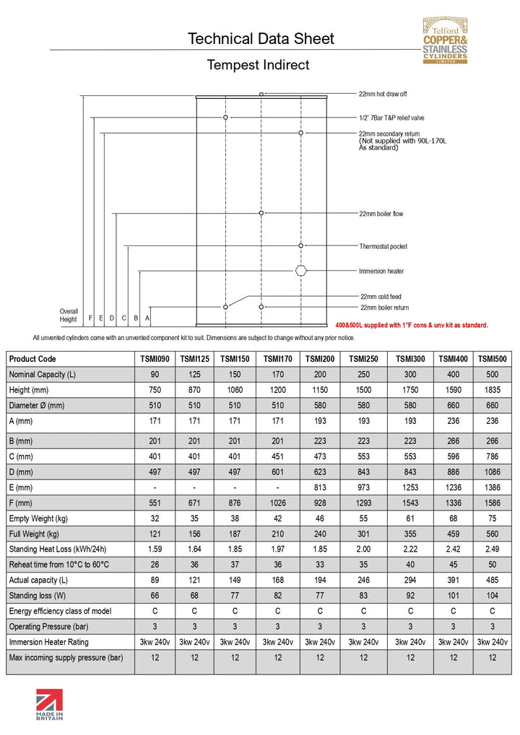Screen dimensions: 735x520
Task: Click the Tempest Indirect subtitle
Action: coord(258,65)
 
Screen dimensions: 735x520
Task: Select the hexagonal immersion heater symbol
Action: coord(301,271)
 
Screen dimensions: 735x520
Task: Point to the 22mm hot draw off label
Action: coord(383,94)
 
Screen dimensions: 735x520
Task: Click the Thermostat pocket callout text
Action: coord(383,246)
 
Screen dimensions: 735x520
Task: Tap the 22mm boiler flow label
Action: coord(381,214)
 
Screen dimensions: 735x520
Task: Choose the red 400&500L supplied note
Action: coord(412,325)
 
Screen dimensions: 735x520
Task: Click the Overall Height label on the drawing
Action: coord(69,315)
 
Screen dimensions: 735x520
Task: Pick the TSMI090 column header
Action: coord(155,359)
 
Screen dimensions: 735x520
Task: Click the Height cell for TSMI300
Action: coord(410,390)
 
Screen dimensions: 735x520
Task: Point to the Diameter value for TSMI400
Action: coord(452,406)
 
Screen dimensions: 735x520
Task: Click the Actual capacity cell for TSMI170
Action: coord(277,580)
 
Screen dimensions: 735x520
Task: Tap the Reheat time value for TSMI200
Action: coord(319,565)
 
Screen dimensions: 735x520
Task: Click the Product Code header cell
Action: coord(32,359)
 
